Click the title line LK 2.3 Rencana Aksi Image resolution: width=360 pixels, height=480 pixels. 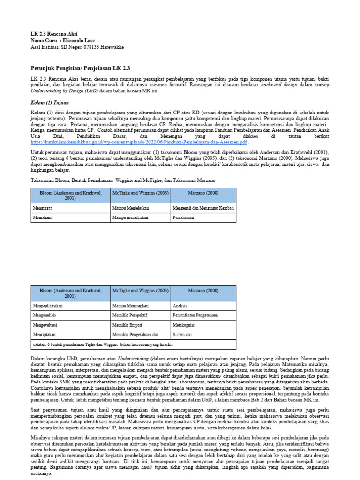point(50,34)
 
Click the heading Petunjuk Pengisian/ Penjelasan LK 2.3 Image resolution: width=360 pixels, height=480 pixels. point(80,68)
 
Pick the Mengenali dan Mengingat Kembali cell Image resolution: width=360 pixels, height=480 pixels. point(202,208)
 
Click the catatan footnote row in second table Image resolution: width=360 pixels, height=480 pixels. point(103,346)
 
